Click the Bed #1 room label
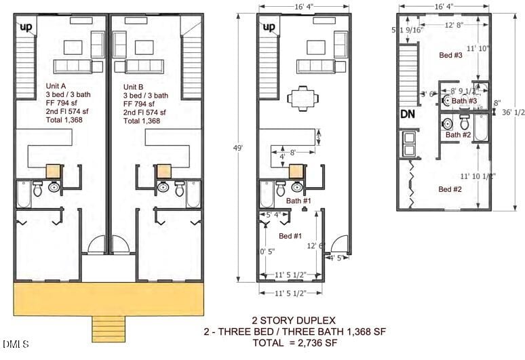[x=290, y=235]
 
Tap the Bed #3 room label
[x=450, y=55]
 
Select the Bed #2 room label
[x=450, y=189]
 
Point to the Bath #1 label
[x=298, y=201]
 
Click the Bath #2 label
[x=458, y=135]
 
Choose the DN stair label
[x=408, y=115]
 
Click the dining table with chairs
[x=300, y=98]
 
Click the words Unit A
[x=56, y=86]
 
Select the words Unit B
[x=133, y=87]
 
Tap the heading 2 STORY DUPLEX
[x=294, y=320]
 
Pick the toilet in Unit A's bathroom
[x=37, y=190]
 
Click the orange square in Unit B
[x=164, y=172]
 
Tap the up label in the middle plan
[x=269, y=27]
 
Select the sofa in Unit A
[x=74, y=66]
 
